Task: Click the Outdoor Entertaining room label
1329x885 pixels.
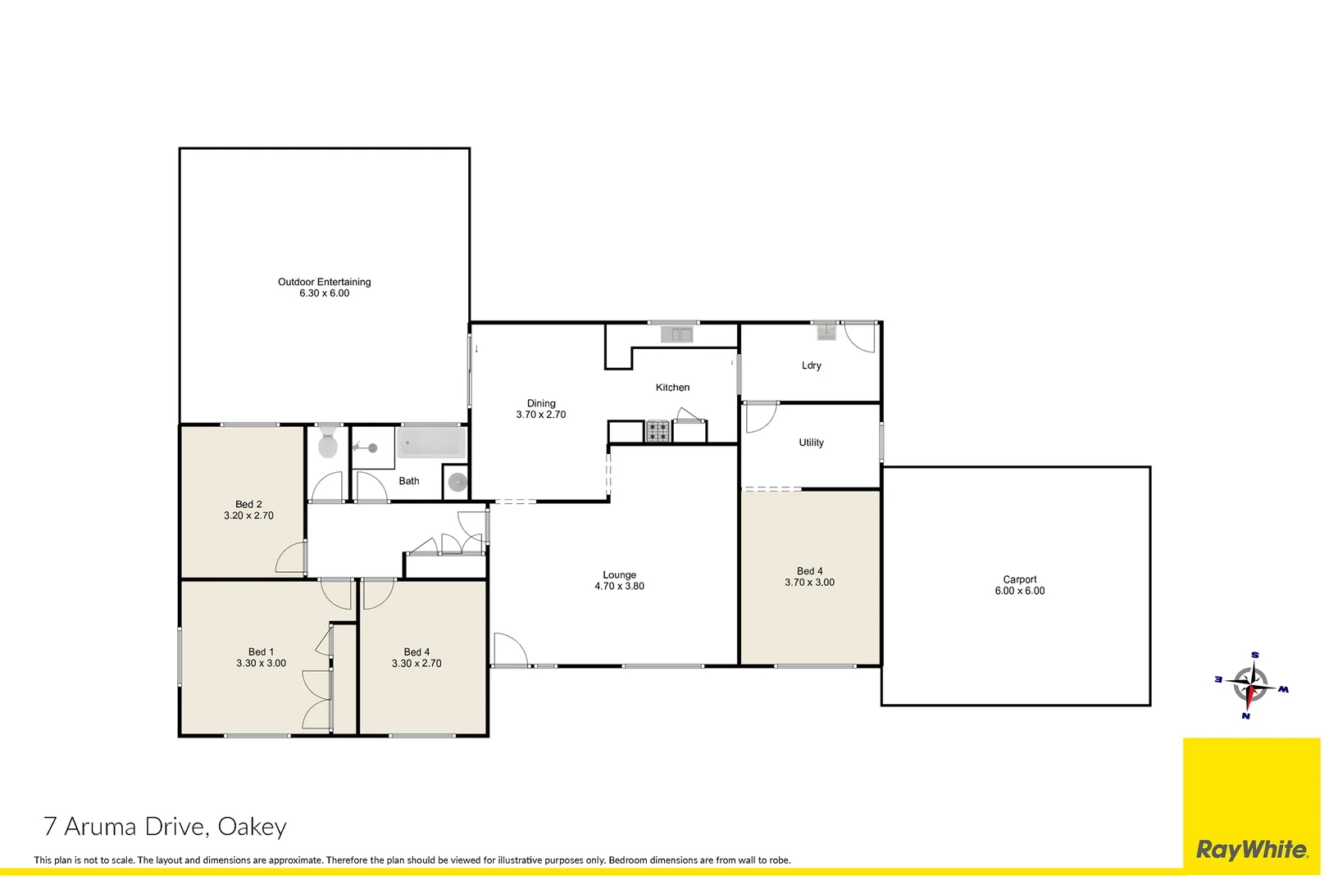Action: pyautogui.click(x=324, y=282)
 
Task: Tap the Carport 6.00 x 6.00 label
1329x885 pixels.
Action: pyautogui.click(x=1019, y=585)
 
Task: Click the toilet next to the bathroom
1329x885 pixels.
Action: pyautogui.click(x=328, y=442)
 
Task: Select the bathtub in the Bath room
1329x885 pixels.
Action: pyautogui.click(x=431, y=444)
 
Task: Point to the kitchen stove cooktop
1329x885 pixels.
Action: pyautogui.click(x=657, y=431)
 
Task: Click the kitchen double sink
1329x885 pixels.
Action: pyautogui.click(x=677, y=334)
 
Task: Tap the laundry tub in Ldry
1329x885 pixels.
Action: pyautogui.click(x=826, y=332)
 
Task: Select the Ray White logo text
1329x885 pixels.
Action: pyautogui.click(x=1251, y=850)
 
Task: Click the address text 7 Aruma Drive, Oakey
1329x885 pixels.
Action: pyautogui.click(x=165, y=827)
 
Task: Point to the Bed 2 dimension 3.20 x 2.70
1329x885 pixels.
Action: pyautogui.click(x=248, y=516)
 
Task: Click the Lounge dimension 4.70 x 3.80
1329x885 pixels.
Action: pyautogui.click(x=619, y=587)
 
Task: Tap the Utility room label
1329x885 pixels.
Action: pyautogui.click(x=811, y=442)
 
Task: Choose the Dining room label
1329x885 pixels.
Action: pyautogui.click(x=540, y=403)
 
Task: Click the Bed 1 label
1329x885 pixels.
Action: pyautogui.click(x=261, y=652)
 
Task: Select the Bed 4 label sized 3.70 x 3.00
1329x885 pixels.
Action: pyautogui.click(x=809, y=571)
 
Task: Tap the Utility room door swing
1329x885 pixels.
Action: pyautogui.click(x=758, y=417)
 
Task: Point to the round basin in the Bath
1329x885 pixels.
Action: pyautogui.click(x=457, y=483)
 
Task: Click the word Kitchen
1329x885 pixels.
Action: pyautogui.click(x=672, y=388)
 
